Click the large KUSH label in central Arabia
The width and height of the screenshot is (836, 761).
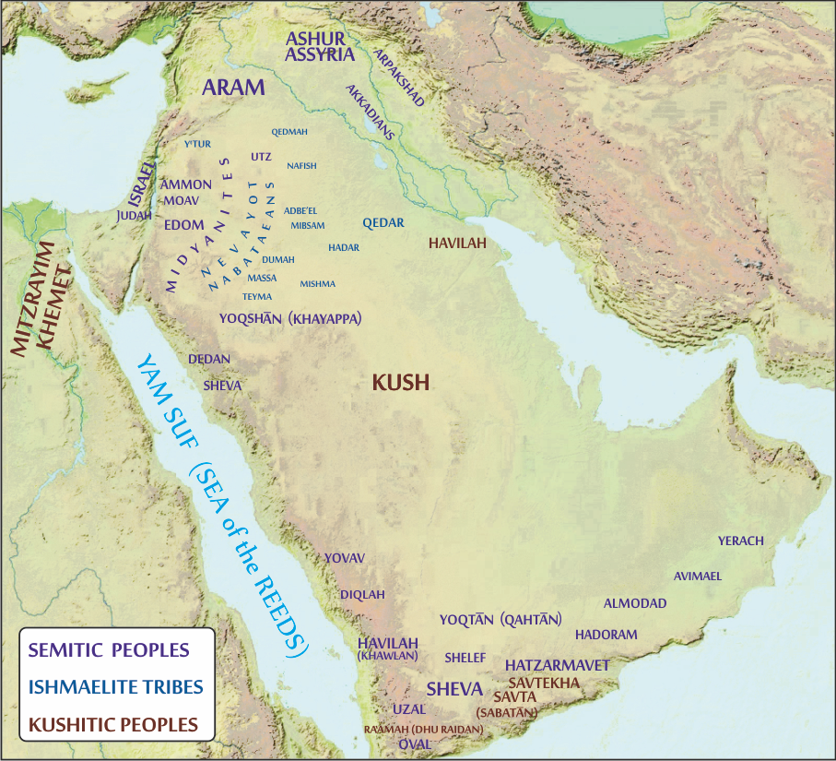(401, 382)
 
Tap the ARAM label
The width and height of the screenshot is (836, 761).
(233, 89)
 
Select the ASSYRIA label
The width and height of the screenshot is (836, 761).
(320, 54)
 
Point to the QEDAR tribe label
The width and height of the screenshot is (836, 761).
(383, 223)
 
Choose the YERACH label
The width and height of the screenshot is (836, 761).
(741, 541)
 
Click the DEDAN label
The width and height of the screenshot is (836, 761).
(209, 359)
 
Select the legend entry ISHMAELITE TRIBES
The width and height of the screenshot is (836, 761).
(116, 686)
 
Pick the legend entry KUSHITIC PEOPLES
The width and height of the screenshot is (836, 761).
(113, 724)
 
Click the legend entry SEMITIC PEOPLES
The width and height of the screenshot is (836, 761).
(109, 649)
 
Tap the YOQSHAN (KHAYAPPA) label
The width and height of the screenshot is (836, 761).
(289, 318)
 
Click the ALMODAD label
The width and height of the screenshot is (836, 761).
(635, 603)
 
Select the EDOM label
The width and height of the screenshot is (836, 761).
(183, 225)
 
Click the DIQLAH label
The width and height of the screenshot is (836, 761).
(363, 595)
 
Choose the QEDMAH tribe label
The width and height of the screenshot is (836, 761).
(289, 132)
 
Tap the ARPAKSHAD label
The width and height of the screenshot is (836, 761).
(398, 77)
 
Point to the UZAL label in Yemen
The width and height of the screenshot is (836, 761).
(409, 709)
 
